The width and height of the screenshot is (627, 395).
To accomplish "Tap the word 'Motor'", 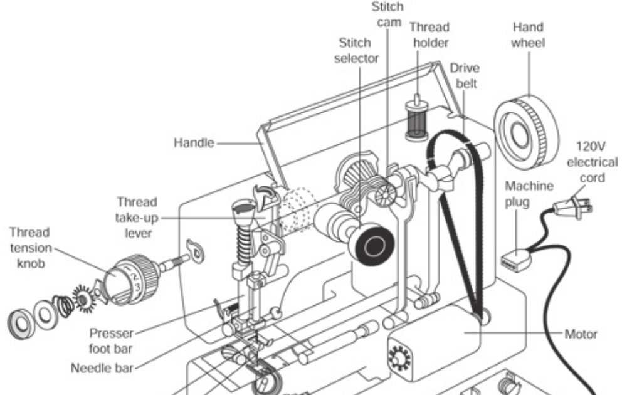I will (580, 334).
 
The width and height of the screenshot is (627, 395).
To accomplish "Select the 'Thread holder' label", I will (429, 36).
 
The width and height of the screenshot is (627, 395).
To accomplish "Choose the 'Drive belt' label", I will (464, 76).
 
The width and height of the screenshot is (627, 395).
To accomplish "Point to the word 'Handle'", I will (193, 143).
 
